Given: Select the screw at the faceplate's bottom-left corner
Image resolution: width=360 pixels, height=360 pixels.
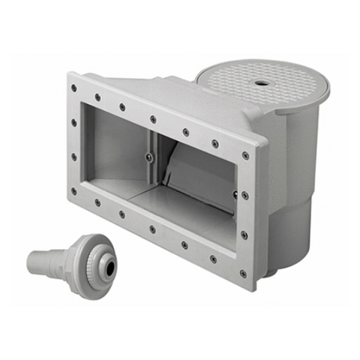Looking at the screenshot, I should pyautogui.click(x=74, y=190).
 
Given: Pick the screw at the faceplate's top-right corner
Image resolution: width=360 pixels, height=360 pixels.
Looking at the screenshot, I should pyautogui.click(x=245, y=156).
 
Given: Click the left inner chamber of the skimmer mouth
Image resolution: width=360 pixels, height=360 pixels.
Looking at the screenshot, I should pyautogui.click(x=120, y=150).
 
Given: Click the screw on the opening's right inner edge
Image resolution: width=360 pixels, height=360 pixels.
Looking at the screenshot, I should pyautogui.click(x=235, y=194).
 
